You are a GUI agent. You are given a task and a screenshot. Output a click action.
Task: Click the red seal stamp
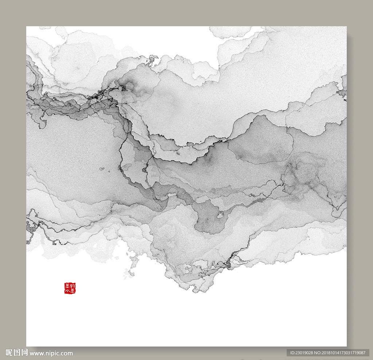coord(70,288)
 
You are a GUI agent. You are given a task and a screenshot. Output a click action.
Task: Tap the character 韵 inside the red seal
coord(72,286)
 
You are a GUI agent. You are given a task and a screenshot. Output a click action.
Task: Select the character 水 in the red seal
coord(67,291)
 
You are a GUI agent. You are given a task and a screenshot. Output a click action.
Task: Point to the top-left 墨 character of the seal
coord(67,286)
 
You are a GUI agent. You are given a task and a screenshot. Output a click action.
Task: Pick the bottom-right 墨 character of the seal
coord(72,291)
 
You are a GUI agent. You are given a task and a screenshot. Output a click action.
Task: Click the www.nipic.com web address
coord(51,353)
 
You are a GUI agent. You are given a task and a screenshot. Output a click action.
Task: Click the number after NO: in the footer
coord(346,353)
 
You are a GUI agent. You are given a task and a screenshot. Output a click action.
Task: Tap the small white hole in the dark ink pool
coord(220,215)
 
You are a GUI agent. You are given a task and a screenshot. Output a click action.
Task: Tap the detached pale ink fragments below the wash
coord(129,271)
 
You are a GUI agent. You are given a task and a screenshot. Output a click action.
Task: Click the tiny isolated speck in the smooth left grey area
coord(102,169)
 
